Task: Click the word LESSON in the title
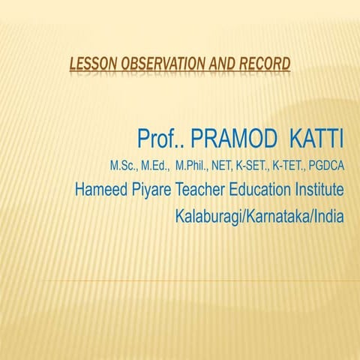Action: coord(88,64)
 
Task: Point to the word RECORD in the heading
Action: coord(262,64)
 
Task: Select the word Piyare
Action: coord(154,189)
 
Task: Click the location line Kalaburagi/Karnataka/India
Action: coord(259,217)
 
